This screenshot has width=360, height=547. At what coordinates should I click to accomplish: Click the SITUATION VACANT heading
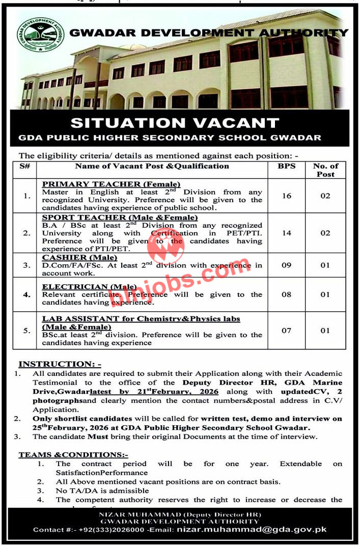[175, 123]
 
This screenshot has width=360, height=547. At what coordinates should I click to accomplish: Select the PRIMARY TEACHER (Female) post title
[111, 184]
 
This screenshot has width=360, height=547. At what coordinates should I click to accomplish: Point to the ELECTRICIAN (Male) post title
[89, 287]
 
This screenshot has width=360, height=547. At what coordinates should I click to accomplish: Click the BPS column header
[286, 166]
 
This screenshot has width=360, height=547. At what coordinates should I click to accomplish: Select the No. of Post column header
[325, 170]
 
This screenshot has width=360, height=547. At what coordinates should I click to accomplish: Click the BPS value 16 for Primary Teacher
[286, 196]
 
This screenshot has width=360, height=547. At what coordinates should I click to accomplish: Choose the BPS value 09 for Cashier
[286, 265]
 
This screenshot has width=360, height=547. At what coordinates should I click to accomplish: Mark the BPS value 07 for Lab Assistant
[286, 331]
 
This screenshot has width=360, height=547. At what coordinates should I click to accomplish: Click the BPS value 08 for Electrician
[286, 294]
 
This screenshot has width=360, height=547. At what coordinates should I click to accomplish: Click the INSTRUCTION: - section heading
[60, 364]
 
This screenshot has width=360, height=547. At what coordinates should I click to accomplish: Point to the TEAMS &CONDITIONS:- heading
[73, 454]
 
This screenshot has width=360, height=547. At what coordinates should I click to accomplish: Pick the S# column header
[24, 166]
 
